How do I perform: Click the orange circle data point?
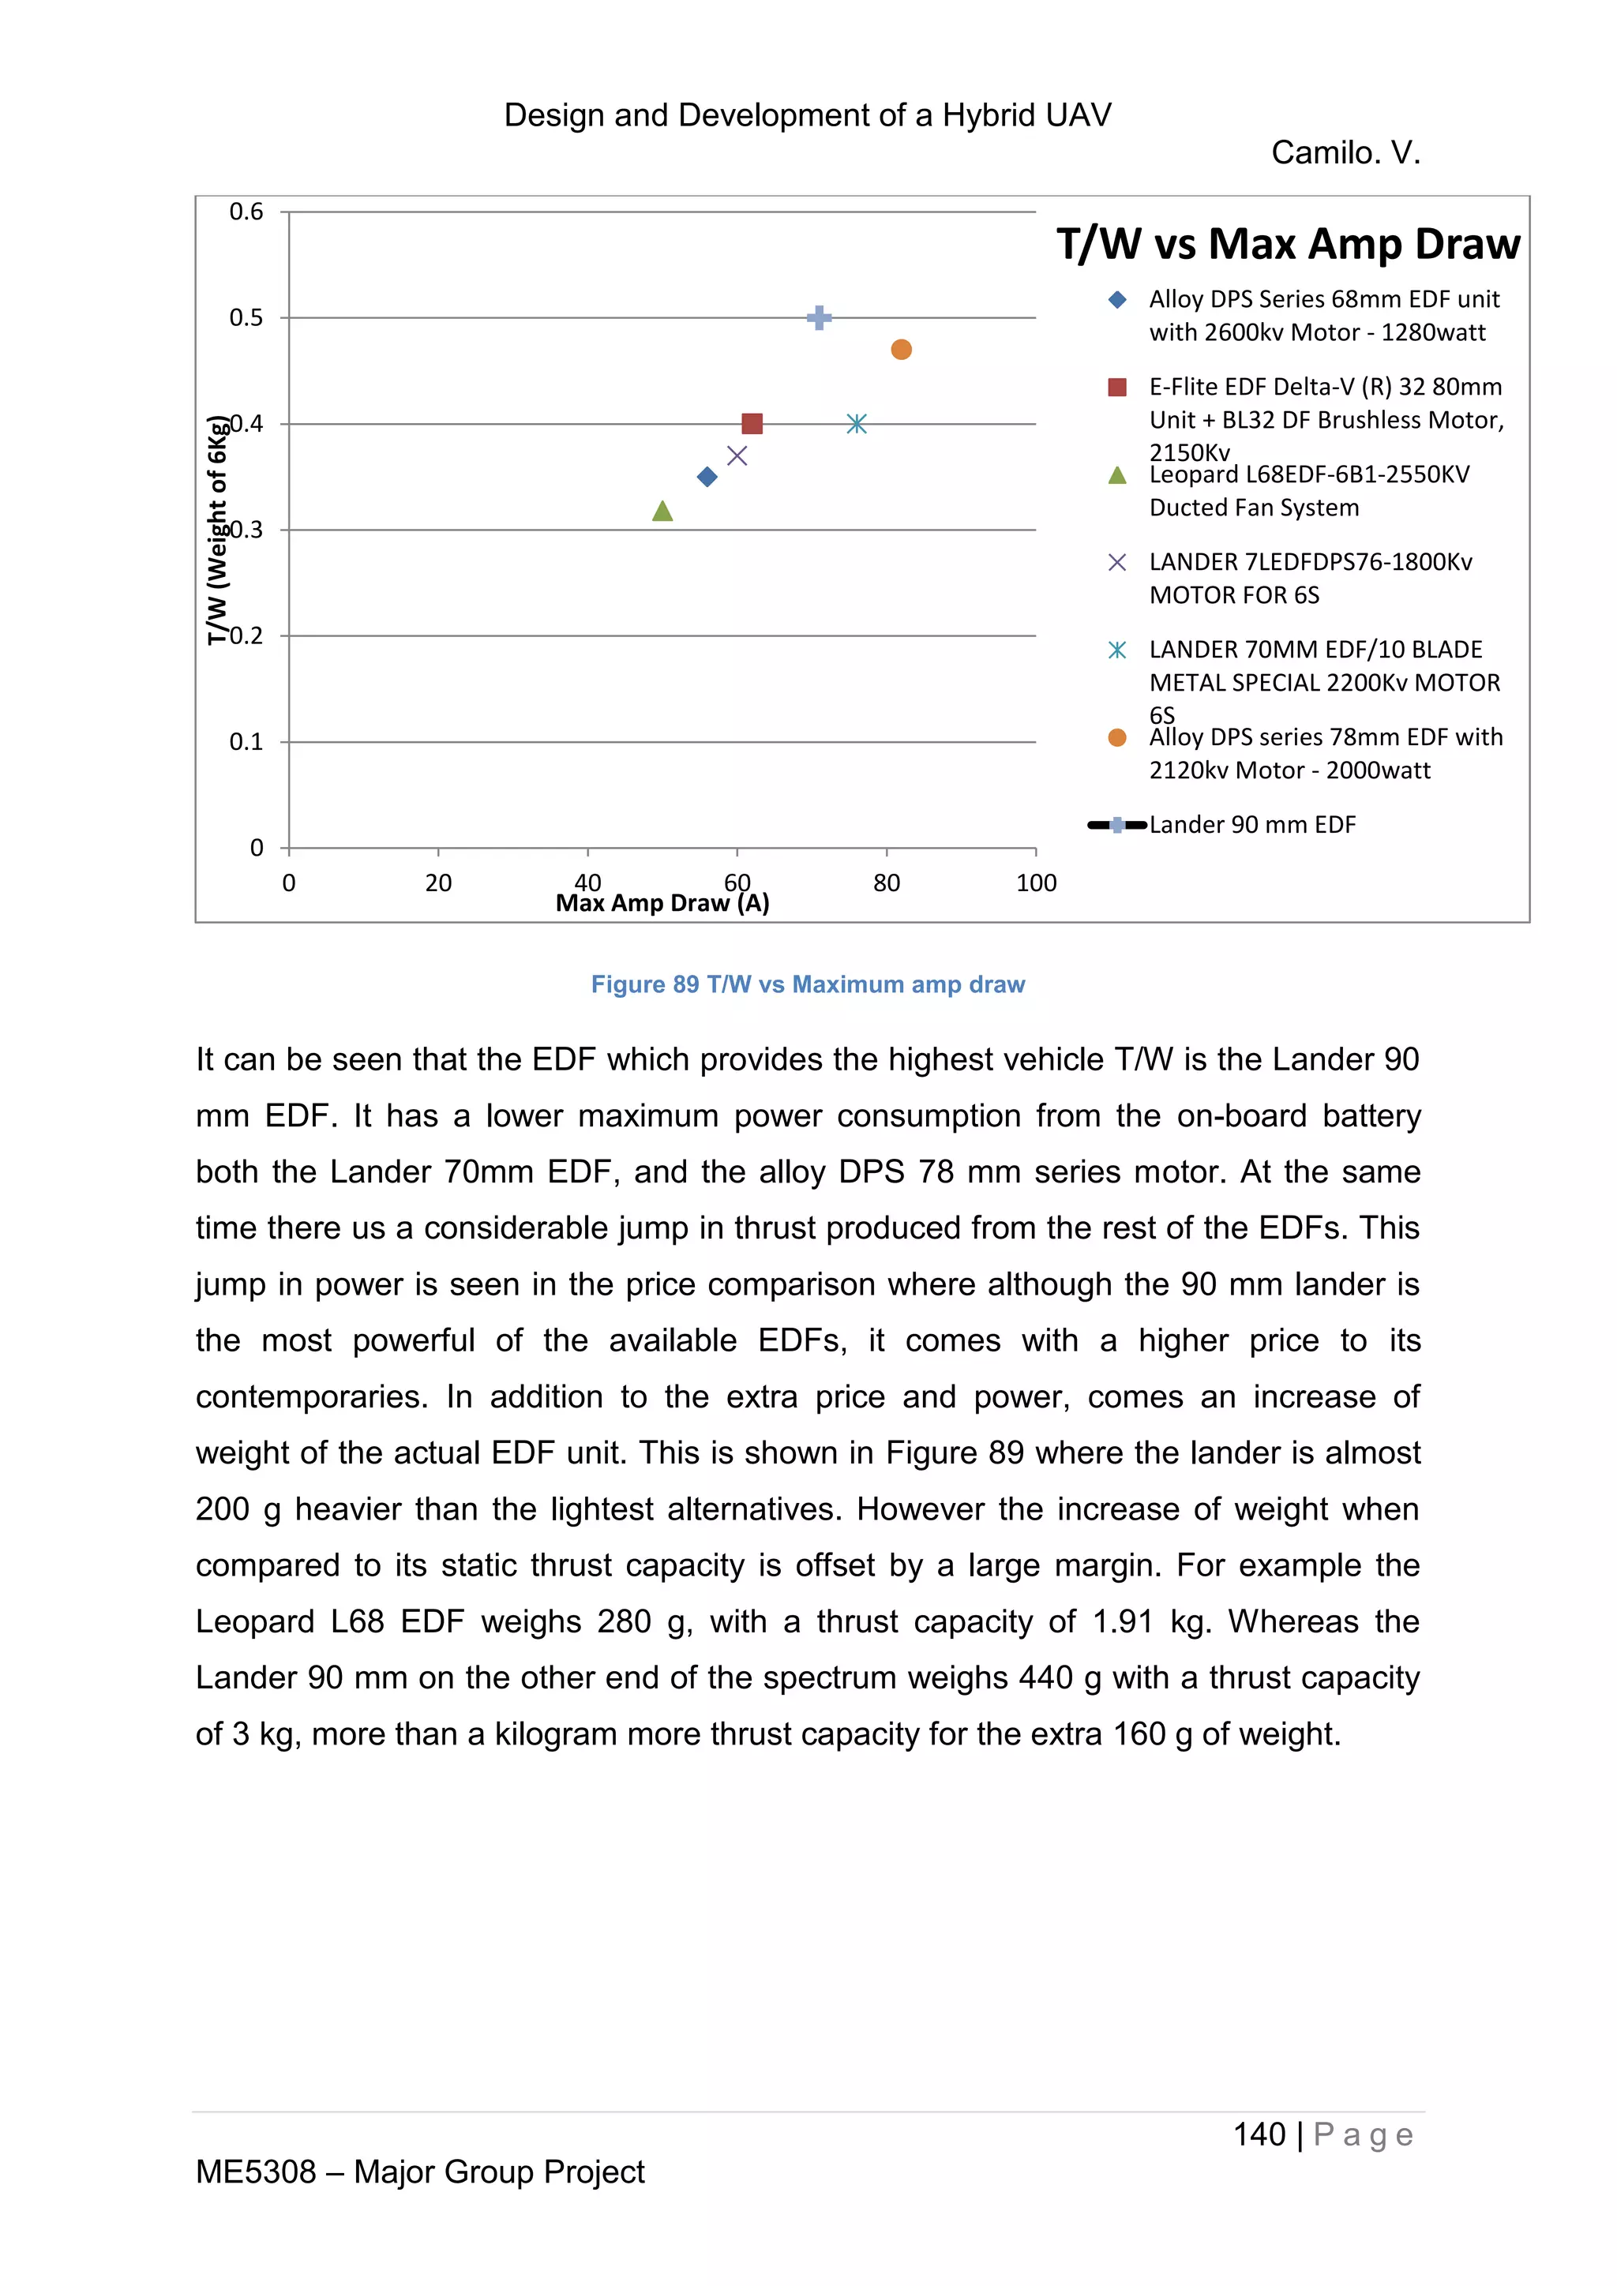tap(901, 350)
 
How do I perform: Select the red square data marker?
tap(752, 424)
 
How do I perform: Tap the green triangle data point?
tap(662, 512)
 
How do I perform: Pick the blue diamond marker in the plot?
tap(707, 477)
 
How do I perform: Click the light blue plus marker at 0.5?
tap(819, 317)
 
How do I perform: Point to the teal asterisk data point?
tap(857, 424)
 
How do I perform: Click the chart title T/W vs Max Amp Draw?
tap(1288, 244)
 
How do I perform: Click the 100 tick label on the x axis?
tap(1036, 883)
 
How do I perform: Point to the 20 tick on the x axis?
tap(438, 883)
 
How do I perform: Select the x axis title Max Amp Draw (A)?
tap(662, 903)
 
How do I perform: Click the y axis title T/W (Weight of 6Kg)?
tap(216, 530)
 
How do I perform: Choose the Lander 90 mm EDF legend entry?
tap(1251, 824)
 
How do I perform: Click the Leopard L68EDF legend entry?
tap(1308, 491)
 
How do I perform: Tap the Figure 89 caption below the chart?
tap(808, 984)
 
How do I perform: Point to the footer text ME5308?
tap(256, 2172)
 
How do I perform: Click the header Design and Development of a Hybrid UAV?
tap(808, 115)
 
